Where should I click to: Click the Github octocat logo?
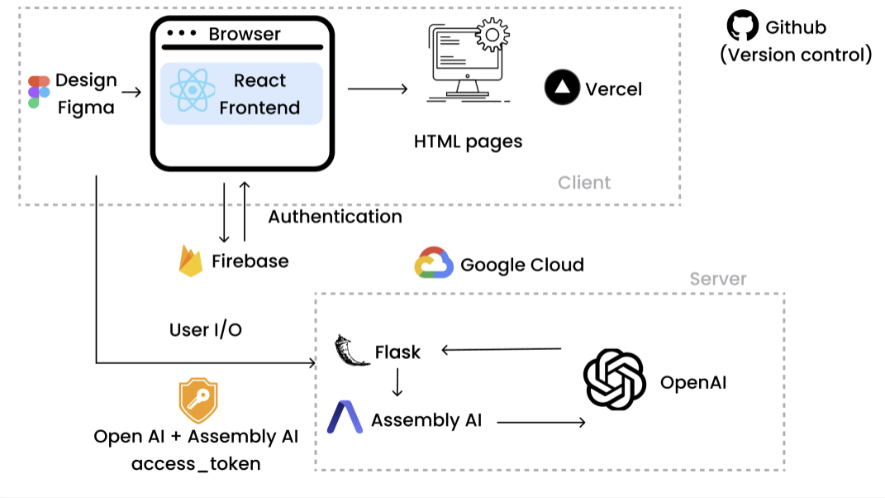tap(741, 26)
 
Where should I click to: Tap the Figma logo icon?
tap(38, 92)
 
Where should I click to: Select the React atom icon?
tap(193, 91)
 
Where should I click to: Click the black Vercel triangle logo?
tap(562, 88)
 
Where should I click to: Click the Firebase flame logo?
tap(191, 261)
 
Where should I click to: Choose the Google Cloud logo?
tap(434, 263)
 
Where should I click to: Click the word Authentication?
tap(335, 217)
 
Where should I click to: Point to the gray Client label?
tap(584, 182)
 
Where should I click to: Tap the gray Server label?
tap(718, 279)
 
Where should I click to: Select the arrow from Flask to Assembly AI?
tap(397, 382)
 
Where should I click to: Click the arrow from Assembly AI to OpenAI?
tap(540, 423)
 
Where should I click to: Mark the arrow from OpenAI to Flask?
tap(502, 350)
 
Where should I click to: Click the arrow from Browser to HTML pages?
tap(378, 89)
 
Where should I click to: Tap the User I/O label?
tap(206, 329)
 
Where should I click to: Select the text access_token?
tap(196, 463)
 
